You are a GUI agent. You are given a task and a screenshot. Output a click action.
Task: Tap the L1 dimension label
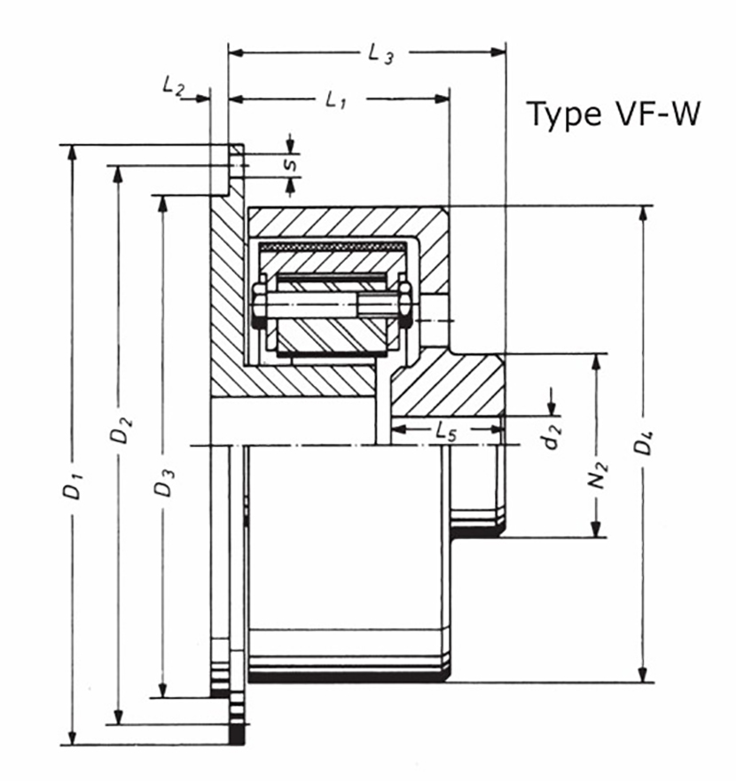click(x=335, y=100)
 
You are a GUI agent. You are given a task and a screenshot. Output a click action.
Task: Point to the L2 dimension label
click(x=173, y=85)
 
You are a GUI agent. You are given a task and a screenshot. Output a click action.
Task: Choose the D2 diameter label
click(x=121, y=433)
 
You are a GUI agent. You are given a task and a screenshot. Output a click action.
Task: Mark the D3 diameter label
click(x=164, y=484)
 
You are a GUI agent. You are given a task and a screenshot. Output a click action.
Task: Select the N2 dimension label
click(x=600, y=475)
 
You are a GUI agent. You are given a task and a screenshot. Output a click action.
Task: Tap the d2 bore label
click(x=552, y=437)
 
